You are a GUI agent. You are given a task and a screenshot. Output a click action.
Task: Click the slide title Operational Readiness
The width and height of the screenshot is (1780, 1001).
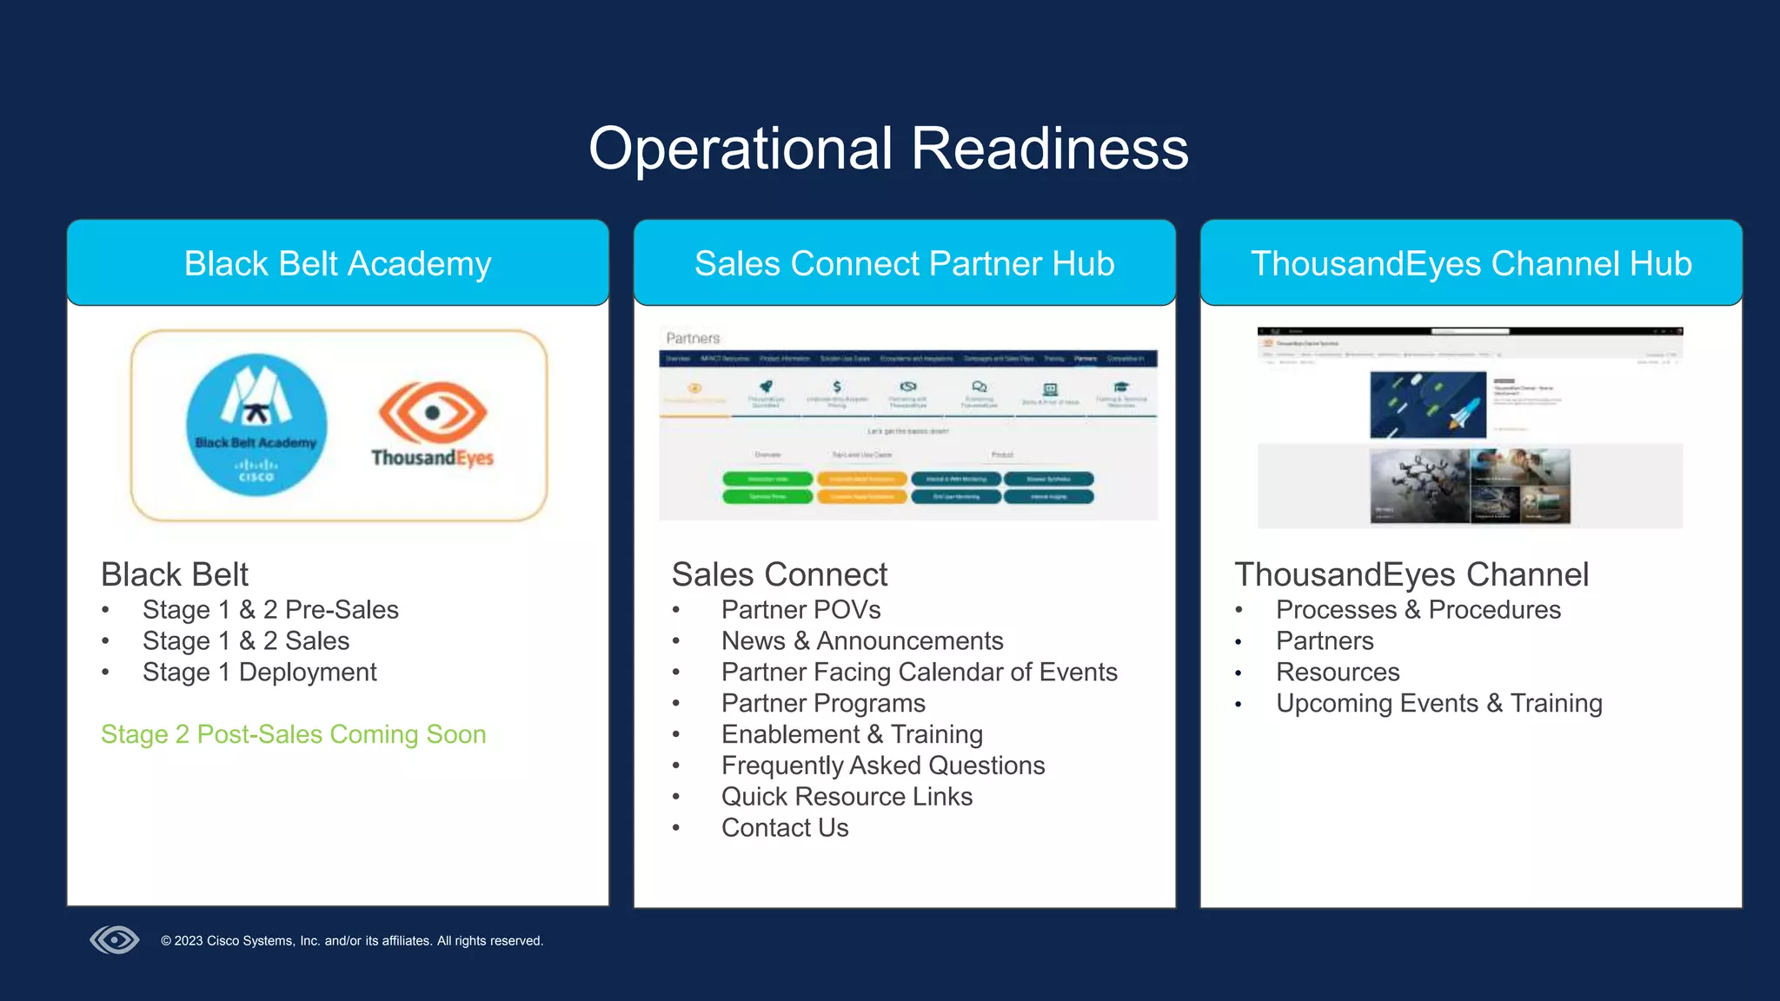coord(888,149)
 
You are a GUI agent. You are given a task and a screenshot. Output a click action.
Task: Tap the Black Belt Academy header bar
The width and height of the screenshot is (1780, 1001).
coord(337,263)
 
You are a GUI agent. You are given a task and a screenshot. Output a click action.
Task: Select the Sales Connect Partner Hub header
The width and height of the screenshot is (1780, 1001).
coord(904,263)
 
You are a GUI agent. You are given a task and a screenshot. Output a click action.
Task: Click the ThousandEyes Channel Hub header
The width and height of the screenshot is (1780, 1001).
coord(1471,263)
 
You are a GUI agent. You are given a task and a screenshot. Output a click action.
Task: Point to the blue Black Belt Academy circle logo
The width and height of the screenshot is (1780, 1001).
coord(256,425)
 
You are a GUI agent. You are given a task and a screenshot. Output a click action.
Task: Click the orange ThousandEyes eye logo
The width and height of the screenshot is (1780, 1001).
coord(433,413)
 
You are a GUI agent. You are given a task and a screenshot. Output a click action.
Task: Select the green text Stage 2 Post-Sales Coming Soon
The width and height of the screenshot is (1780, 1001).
coord(293,734)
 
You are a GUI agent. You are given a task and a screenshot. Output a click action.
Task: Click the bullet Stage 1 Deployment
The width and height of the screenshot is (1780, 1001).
coord(259,672)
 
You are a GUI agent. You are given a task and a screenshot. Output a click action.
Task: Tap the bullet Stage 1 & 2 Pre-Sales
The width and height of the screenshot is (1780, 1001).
coord(270,610)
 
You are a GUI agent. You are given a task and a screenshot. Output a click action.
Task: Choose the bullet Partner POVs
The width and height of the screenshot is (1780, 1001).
coord(800,610)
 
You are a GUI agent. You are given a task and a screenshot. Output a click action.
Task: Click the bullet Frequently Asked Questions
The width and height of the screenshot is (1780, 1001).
coord(882,766)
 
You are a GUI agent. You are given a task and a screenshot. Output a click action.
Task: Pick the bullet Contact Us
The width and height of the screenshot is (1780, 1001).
coord(784,828)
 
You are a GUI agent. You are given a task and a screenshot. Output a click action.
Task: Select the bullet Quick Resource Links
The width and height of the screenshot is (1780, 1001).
coord(847,797)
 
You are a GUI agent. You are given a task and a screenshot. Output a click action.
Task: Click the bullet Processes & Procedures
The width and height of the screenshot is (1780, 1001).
coord(1418,610)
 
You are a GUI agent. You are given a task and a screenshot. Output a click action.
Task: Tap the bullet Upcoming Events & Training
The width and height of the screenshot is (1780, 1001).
coord(1438,703)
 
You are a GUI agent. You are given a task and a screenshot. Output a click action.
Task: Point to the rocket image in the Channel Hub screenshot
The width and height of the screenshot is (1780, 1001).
coord(1428,405)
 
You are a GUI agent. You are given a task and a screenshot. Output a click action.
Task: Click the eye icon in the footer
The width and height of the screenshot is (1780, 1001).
coord(115,939)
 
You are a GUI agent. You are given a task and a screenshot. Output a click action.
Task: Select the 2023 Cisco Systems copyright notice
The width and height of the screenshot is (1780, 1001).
coord(352,941)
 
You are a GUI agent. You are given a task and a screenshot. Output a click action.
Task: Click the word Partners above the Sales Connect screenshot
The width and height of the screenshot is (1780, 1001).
coord(693,338)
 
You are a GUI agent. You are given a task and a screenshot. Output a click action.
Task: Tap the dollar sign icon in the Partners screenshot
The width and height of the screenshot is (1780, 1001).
coord(836,387)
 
